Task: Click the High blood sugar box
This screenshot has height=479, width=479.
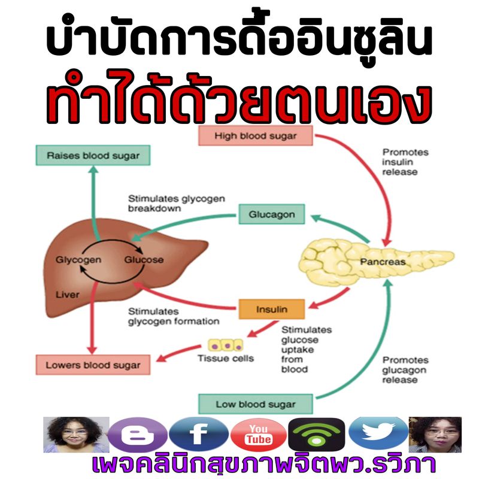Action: tap(256, 136)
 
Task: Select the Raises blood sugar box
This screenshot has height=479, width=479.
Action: tap(93, 155)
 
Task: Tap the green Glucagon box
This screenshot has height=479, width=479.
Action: tap(272, 214)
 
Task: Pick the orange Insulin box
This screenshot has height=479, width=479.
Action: tap(272, 309)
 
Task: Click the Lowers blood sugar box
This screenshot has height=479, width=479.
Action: tap(93, 365)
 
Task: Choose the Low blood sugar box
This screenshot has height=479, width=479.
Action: tap(256, 404)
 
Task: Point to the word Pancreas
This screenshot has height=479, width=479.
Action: tap(383, 262)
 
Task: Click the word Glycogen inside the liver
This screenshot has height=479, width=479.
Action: tap(78, 260)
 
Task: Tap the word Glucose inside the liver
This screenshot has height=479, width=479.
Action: tap(144, 260)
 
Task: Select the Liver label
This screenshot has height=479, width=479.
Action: tap(67, 295)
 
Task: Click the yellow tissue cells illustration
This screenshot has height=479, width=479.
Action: tap(226, 345)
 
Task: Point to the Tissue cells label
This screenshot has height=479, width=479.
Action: tap(226, 358)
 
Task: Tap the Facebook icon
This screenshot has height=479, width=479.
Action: tap(199, 434)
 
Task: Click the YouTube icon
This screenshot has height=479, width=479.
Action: tap(259, 435)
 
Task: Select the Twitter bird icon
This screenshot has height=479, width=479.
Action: tap(378, 432)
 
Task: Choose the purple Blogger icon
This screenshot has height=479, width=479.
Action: tap(138, 435)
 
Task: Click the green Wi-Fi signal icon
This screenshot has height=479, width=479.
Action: tap(317, 435)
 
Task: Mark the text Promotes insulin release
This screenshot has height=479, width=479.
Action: tap(405, 162)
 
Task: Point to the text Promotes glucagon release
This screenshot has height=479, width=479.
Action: tap(405, 370)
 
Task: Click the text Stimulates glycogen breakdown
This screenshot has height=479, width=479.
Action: tap(176, 204)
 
